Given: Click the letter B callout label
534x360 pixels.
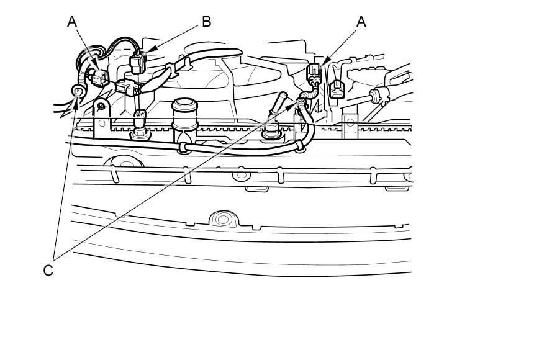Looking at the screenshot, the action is [x=206, y=22].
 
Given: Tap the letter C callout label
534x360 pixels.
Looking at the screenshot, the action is [x=48, y=271].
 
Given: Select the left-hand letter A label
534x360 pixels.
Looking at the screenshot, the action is [x=73, y=22].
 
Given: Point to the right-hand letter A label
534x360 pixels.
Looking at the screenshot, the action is [x=361, y=22].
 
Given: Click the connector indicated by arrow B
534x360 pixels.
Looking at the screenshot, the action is [x=138, y=63].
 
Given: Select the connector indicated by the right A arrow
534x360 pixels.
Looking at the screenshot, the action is [x=315, y=72].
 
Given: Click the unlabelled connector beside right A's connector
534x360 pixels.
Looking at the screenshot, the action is [x=337, y=89].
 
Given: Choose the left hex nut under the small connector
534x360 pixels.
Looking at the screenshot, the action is [x=140, y=131].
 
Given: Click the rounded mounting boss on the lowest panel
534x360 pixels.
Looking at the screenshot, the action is [x=222, y=219].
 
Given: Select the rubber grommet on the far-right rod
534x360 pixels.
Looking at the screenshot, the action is [x=375, y=96].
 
